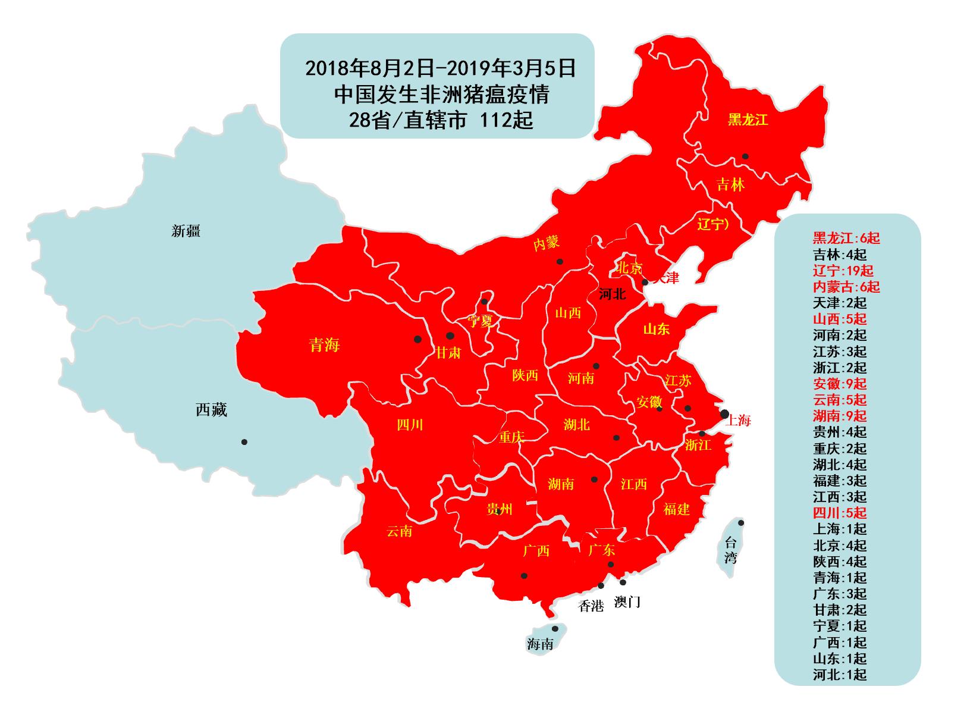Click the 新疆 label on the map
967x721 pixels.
pyautogui.click(x=186, y=231)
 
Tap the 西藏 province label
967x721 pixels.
pyautogui.click(x=211, y=410)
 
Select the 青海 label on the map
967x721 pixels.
pyautogui.click(x=324, y=344)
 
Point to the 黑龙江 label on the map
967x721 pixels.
pyautogui.click(x=748, y=120)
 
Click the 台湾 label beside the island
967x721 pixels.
pyautogui.click(x=730, y=550)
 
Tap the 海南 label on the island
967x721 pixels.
pyautogui.click(x=540, y=644)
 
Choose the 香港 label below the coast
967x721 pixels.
pyautogui.click(x=591, y=606)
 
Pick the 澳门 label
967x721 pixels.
pyautogui.click(x=627, y=602)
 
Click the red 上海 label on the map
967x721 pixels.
pyautogui.click(x=739, y=421)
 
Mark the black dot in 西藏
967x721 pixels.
pyautogui.click(x=244, y=442)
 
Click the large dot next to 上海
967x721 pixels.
pyautogui.click(x=724, y=413)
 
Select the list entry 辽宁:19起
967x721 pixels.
pyautogui.click(x=843, y=271)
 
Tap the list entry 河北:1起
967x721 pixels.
pyautogui.click(x=840, y=675)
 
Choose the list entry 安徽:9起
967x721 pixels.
pyautogui.click(x=840, y=384)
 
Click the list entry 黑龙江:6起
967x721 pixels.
pyautogui.click(x=846, y=238)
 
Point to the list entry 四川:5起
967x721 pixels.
pyautogui.click(x=840, y=513)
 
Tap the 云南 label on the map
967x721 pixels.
pyautogui.click(x=399, y=531)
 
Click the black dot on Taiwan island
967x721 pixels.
pyautogui.click(x=741, y=523)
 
